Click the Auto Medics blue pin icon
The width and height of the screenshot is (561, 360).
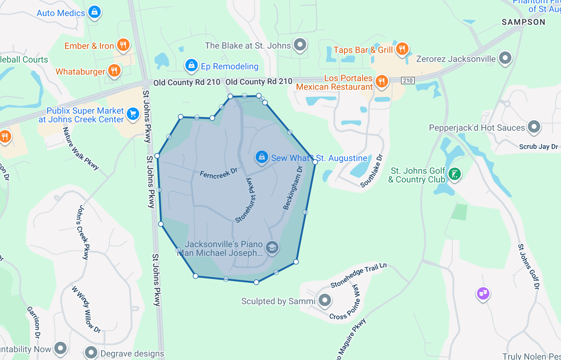pos(94,12)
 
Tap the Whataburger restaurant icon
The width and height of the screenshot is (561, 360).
pos(114,70)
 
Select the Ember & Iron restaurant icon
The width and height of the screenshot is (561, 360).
pos(123,45)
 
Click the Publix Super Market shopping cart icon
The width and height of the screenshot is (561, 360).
pos(132,114)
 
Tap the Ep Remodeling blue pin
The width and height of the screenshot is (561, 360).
pos(191,66)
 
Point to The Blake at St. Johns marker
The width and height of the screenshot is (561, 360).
pos(300,45)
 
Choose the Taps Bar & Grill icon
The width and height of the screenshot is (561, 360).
pos(401,49)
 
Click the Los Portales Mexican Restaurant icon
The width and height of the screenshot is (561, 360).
pos(382,81)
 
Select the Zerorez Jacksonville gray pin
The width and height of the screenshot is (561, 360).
pos(505,58)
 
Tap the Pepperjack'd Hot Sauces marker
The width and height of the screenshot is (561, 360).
pos(534,127)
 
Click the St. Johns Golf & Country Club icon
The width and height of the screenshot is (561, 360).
pos(455,175)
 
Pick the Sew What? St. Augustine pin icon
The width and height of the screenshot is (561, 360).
pos(262,157)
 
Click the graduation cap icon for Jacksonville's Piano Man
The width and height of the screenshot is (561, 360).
pos(272,247)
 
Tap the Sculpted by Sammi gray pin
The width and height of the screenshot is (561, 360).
pos(325,300)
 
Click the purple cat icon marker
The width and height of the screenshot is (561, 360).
pos(483,293)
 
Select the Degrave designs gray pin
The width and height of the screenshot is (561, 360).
pos(91,352)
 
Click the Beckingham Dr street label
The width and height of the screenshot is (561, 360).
pos(293,187)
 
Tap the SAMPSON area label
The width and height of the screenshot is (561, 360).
pos(523,22)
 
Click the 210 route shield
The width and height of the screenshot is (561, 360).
pos(408,80)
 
